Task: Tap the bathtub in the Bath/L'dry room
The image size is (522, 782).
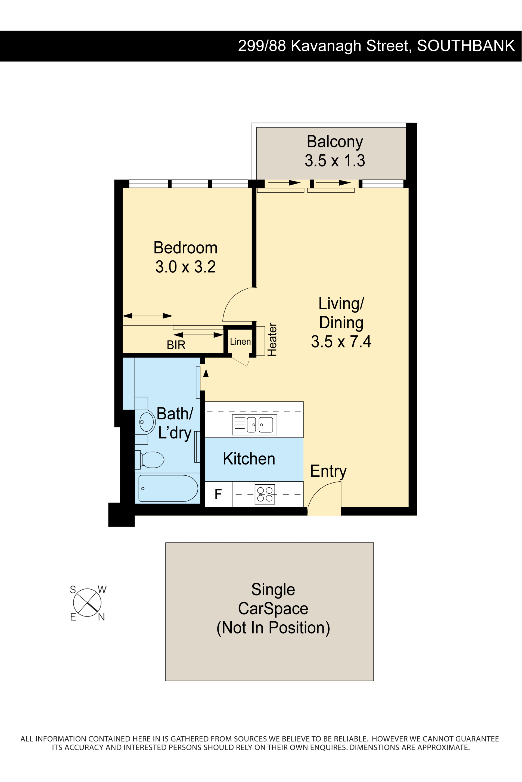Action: click(168, 488)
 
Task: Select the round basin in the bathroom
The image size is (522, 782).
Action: click(147, 422)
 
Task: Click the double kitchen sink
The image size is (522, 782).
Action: click(254, 425)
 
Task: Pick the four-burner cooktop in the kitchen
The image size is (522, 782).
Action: click(265, 494)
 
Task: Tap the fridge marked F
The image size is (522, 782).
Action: click(218, 494)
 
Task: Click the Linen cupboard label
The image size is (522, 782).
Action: click(240, 342)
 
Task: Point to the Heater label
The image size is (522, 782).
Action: click(272, 339)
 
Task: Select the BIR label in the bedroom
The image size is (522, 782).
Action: click(176, 345)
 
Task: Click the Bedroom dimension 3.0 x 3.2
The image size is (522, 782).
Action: click(185, 267)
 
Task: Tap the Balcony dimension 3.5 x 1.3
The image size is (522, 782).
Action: click(335, 160)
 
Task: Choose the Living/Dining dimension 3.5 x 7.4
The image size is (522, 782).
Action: click(341, 341)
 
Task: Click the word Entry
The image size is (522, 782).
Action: click(328, 472)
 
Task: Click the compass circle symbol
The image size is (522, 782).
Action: click(87, 603)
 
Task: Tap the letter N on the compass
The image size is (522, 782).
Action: click(101, 617)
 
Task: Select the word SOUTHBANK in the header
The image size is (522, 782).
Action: click(466, 46)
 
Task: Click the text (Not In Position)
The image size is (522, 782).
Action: click(273, 628)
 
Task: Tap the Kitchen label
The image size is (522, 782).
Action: click(249, 459)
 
